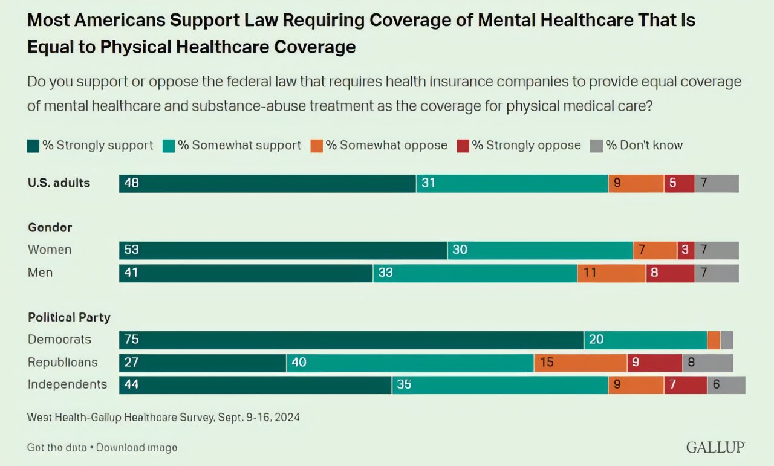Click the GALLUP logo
715,447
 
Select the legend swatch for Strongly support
33,146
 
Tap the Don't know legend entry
637,146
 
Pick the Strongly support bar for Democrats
351,340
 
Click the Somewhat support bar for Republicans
410,363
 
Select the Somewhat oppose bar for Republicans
580,363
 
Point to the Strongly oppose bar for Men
670,273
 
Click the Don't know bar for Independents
726,385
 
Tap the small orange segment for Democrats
714,340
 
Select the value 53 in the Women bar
131,250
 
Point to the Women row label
50,250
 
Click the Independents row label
67,384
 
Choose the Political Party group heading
69,317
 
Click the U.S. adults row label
59,183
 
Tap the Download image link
137,448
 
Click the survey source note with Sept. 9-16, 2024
163,417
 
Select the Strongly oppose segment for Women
686,250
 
